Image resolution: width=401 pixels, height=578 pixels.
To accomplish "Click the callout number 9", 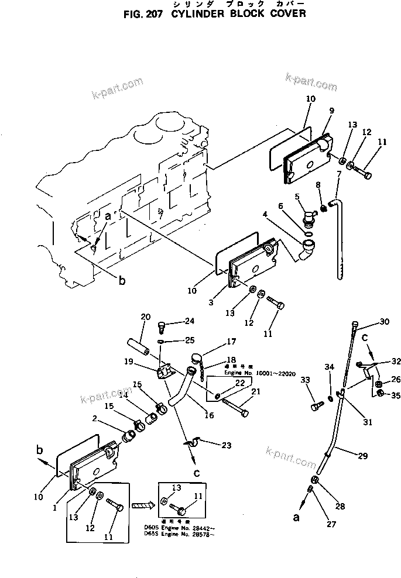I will coord(332,111).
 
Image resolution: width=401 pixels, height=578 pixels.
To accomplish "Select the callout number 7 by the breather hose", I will coord(338,174).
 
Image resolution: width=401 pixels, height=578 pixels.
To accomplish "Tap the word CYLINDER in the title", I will coord(200,13).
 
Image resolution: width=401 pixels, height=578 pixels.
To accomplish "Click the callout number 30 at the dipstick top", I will coord(384,321).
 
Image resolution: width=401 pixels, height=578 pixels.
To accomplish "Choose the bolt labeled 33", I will coord(316,403).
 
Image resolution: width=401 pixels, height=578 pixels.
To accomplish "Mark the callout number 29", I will coord(364,456).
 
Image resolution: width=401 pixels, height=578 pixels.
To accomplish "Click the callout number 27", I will coord(331,524).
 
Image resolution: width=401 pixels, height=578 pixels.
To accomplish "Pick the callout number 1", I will coord(54,508).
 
